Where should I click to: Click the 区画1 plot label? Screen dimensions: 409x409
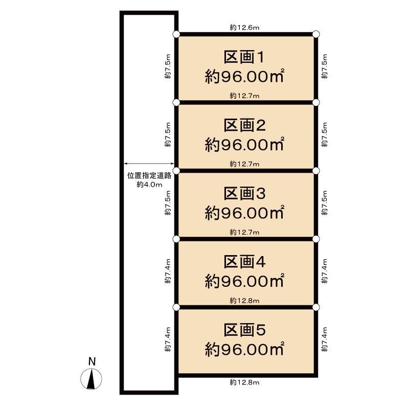(244, 57)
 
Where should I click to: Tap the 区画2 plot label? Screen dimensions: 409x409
(245, 125)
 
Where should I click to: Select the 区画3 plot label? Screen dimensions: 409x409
(245, 194)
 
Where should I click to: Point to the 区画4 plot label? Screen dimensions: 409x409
(245, 262)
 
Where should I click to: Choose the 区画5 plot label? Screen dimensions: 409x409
(245, 330)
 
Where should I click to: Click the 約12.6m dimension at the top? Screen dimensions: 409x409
(244, 28)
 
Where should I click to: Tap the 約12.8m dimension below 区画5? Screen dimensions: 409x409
(244, 382)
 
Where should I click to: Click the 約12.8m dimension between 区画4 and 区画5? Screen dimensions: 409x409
(244, 301)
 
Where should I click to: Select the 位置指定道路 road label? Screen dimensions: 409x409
(149, 175)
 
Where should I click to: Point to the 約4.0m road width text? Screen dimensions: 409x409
(149, 185)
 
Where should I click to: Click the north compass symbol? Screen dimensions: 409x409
(91, 379)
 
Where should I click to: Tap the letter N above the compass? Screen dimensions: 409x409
(92, 361)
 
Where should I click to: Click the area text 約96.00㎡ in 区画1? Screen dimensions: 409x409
(244, 76)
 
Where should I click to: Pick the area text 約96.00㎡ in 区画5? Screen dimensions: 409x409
(244, 349)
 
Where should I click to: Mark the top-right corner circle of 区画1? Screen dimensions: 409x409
(316, 34)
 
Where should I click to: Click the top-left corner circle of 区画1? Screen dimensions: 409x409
(176, 34)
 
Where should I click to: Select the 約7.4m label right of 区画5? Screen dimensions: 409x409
(324, 339)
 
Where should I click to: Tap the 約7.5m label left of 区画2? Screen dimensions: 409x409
(168, 134)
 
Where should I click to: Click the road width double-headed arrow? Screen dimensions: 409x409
(149, 164)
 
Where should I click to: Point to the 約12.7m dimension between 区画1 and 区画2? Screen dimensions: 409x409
(244, 96)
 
